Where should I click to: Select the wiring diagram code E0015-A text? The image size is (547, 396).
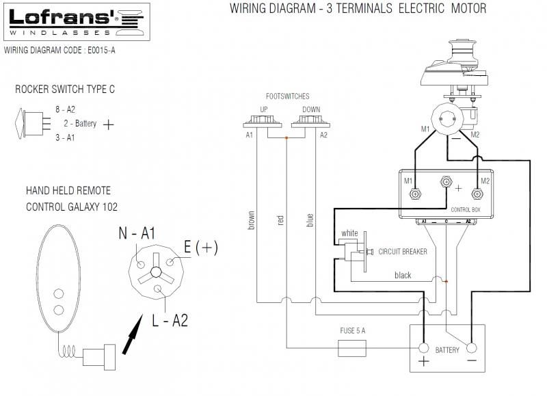[59, 50]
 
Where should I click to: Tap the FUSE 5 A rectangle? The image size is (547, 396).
[353, 348]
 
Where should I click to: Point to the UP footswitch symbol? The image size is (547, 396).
[263, 122]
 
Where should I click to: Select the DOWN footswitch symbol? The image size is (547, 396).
[310, 122]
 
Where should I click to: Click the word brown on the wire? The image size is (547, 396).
[252, 219]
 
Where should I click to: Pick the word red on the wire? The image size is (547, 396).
[280, 220]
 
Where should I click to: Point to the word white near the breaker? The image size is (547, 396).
[349, 233]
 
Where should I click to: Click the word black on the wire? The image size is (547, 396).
[403, 275]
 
